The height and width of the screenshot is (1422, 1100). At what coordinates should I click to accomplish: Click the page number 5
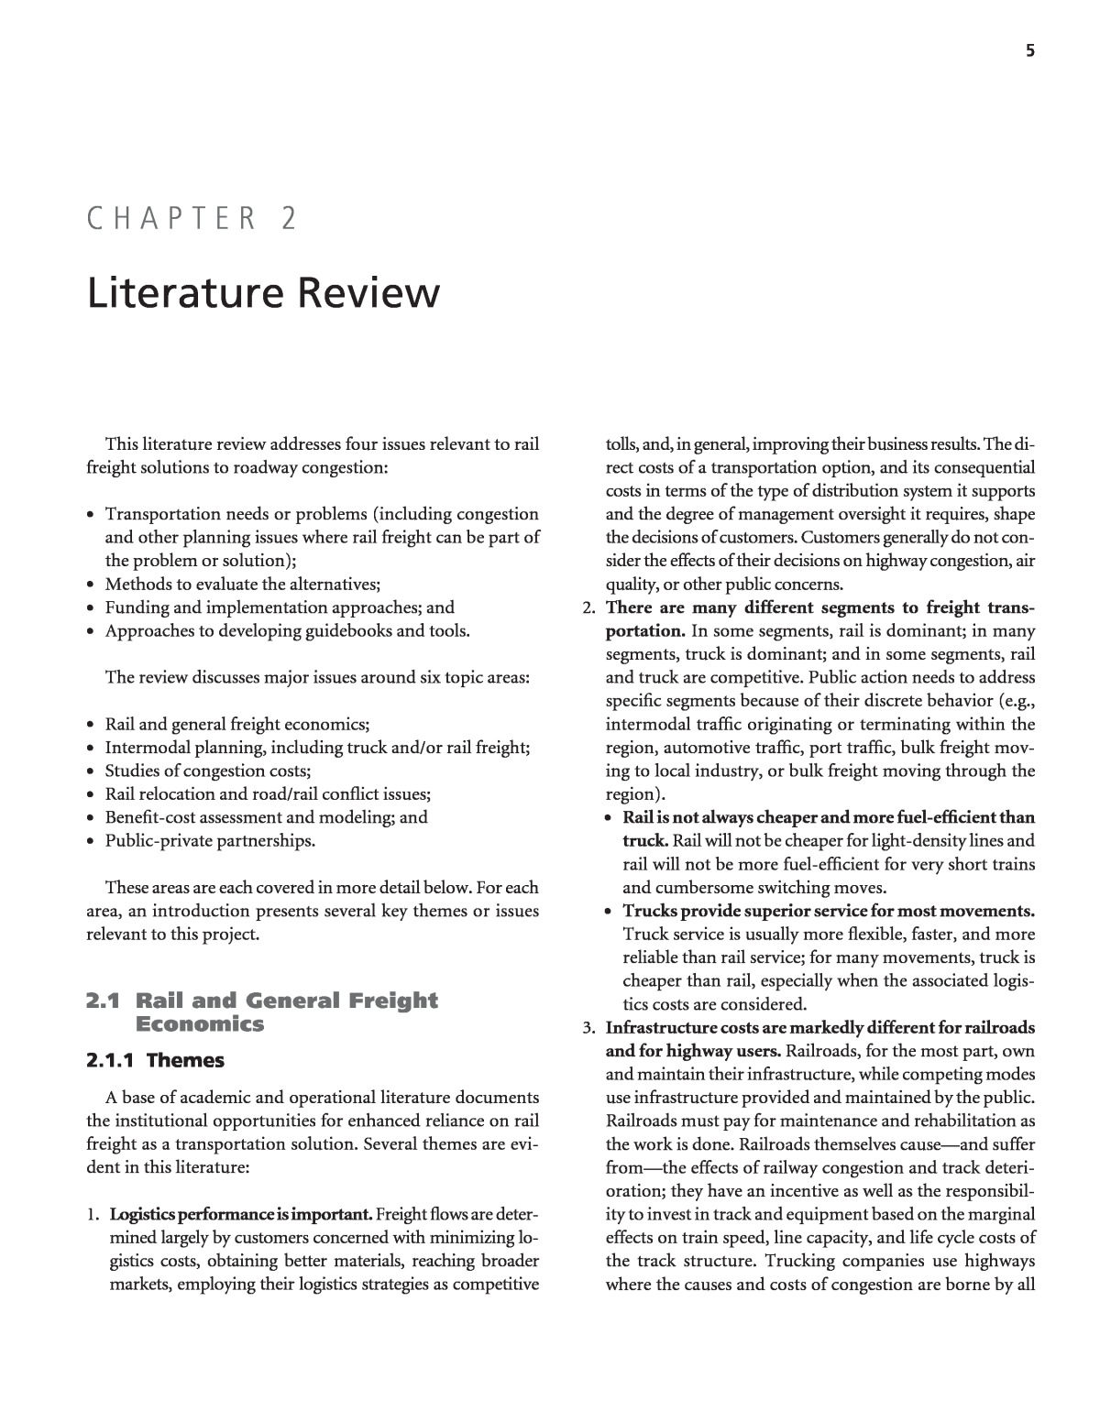[1030, 51]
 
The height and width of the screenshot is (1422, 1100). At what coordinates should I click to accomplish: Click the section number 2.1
[104, 1001]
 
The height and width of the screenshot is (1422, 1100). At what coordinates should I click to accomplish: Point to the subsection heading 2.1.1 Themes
[155, 1060]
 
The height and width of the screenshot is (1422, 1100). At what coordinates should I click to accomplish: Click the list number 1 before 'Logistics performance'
[93, 1215]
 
